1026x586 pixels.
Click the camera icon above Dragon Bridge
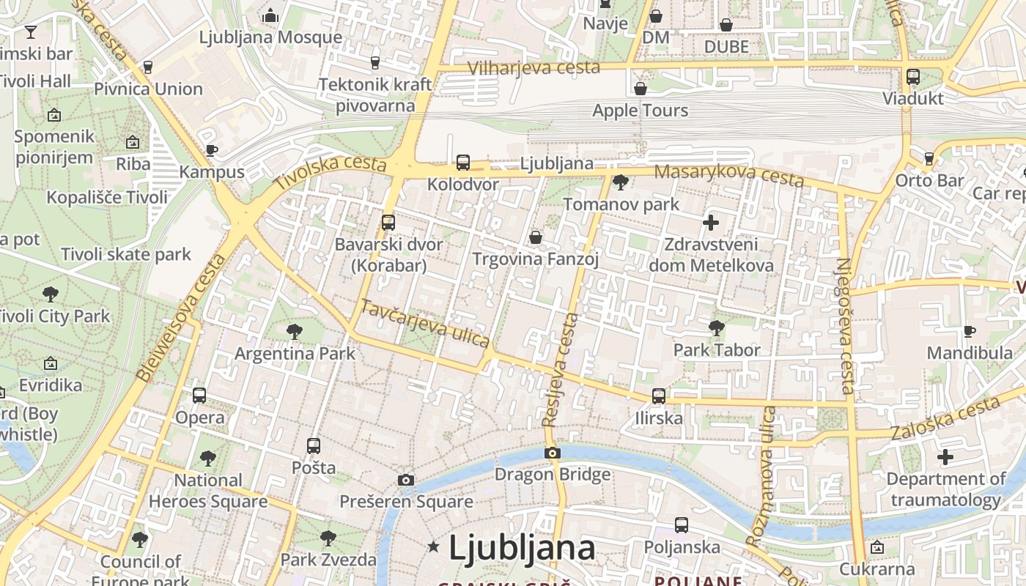[553, 453]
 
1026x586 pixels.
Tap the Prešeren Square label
[406, 502]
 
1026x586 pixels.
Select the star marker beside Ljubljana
[434, 546]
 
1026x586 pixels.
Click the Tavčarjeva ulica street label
[425, 324]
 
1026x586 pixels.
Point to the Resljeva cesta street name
[561, 370]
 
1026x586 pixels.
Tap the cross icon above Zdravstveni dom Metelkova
[710, 223]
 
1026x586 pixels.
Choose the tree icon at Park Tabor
[716, 328]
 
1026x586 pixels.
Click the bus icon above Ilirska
[659, 396]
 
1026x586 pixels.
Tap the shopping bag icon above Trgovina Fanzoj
[536, 237]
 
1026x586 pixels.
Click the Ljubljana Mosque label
[270, 37]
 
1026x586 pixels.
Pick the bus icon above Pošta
[314, 445]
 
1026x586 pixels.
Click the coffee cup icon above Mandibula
[970, 331]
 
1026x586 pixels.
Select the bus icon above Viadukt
[913, 76]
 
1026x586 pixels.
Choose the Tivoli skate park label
[126, 255]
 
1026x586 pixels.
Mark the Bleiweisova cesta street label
[180, 319]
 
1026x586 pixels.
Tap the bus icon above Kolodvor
[463, 163]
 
